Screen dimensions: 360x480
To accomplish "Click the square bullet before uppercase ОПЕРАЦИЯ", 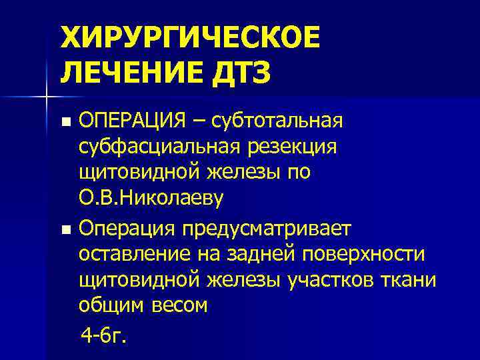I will coord(65,123).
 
